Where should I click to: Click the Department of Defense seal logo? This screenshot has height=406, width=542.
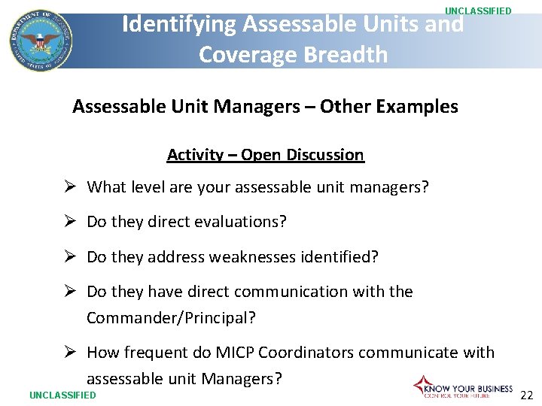point(41,41)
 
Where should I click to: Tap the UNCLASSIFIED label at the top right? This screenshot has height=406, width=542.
point(478,11)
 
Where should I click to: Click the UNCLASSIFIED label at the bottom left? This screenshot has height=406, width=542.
point(62,395)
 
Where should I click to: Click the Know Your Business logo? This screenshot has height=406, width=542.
point(463,386)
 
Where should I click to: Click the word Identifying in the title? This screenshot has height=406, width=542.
point(178,24)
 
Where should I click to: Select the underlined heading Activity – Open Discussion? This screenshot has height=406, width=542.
point(265,155)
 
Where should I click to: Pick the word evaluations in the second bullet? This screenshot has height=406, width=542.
point(240,222)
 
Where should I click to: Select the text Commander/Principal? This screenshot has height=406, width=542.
point(171,317)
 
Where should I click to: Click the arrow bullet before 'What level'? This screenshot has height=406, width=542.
point(69,187)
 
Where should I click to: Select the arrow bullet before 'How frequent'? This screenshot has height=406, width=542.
point(69,353)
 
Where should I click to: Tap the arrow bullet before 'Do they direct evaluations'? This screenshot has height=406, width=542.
point(69,222)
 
